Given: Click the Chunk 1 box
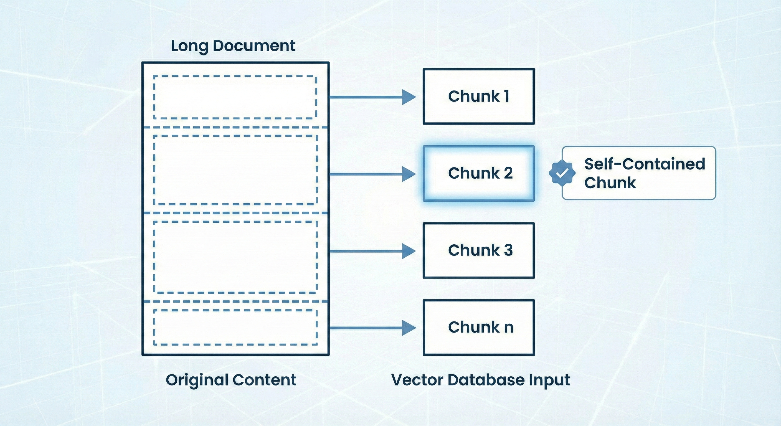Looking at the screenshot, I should point(478,97).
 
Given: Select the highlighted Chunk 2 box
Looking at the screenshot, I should point(478,173).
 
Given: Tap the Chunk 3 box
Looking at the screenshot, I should point(478,250).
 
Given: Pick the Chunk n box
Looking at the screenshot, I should point(478,328).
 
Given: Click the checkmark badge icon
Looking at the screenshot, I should point(562,173).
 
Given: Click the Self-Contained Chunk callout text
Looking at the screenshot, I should point(644,173).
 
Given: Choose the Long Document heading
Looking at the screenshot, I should point(233,46).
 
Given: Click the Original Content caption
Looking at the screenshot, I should point(231,380).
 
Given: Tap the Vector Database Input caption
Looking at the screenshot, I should point(481,380).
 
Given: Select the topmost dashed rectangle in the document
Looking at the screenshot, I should point(235,97).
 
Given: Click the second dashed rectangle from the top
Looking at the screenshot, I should point(235,170).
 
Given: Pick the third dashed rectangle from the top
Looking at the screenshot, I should point(235,257).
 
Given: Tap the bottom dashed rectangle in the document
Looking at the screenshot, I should point(235,328).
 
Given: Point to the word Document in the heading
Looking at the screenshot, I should point(254,46).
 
